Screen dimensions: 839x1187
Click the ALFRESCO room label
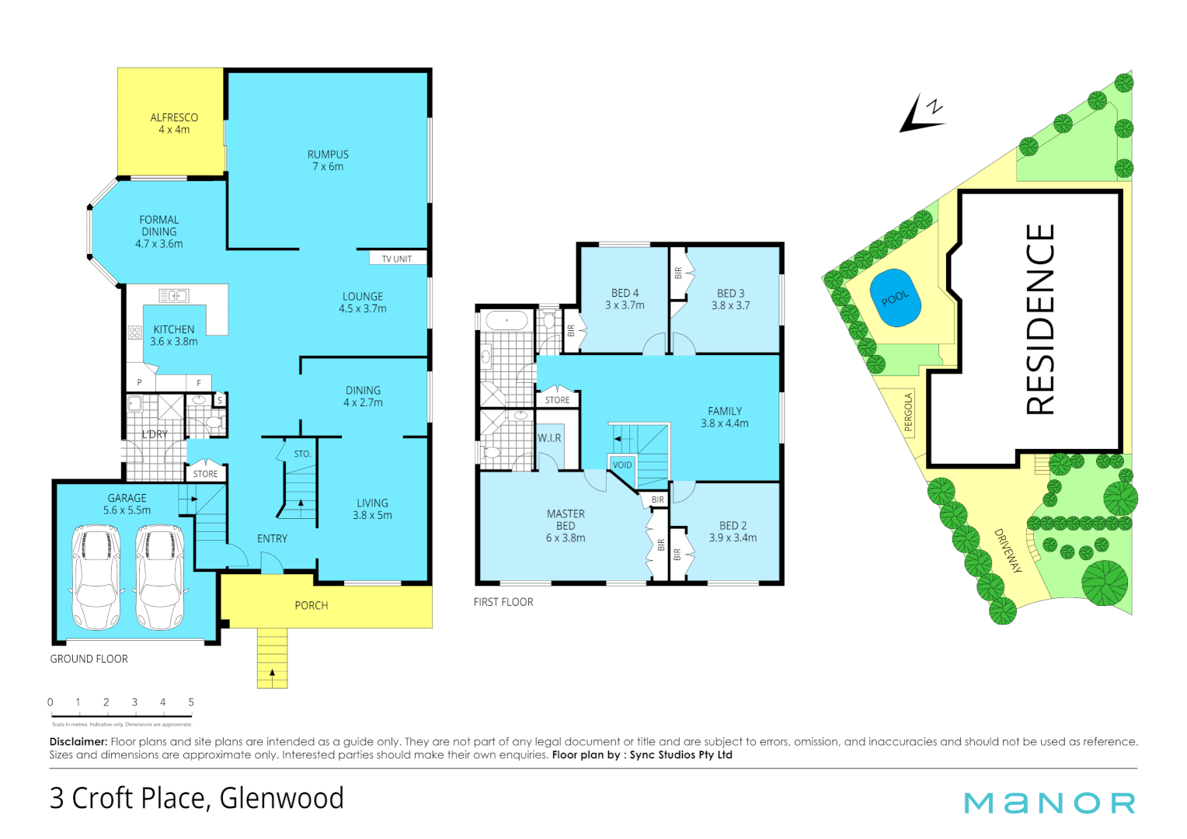coord(174,118)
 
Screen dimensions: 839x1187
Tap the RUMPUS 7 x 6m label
coord(328,161)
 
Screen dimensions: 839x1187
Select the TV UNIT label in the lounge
coord(396,259)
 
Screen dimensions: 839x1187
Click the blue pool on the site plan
coord(896,298)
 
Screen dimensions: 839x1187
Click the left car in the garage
coord(96,576)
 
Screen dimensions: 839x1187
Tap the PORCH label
coord(311,606)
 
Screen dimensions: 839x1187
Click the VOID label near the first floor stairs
coord(622,465)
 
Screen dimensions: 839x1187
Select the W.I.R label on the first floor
coord(549,438)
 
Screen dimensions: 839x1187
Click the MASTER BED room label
coord(566,526)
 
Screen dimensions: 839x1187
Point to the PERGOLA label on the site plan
coord(908,413)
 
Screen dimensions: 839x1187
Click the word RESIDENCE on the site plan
coord(1040,319)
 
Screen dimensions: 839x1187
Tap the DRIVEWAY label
coord(1008,551)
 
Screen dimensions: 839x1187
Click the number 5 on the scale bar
coord(191,702)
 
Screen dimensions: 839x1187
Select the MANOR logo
coord(1050,802)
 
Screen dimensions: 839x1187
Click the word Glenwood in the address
coord(281,799)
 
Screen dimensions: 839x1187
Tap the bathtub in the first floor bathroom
coord(506,321)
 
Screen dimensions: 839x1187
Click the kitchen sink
coord(174,296)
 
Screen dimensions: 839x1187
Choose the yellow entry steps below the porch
coord(272,657)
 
